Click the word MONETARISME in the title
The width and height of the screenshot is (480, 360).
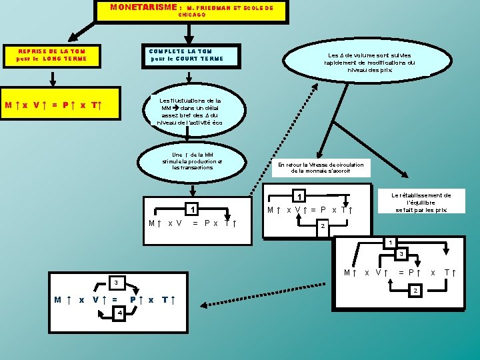[142, 7]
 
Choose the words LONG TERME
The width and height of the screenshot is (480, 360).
[62, 59]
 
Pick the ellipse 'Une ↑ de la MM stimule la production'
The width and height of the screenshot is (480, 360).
[192, 161]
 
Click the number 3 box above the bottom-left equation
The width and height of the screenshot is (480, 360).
[115, 281]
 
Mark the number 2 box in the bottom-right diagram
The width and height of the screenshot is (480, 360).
[416, 291]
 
